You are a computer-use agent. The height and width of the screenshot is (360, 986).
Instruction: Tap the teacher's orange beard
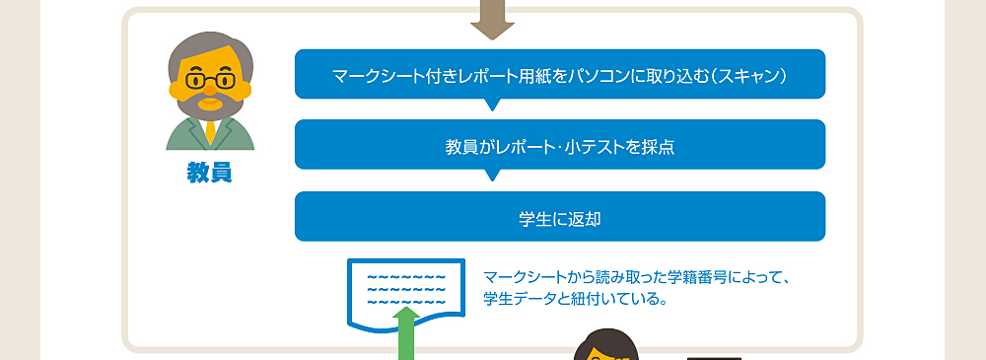tap(209, 103)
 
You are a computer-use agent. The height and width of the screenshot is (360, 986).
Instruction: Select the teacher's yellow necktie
tap(210, 132)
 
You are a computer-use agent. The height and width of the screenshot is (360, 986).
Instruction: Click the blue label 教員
tap(209, 173)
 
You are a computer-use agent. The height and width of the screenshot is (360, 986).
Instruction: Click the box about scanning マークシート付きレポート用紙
tap(559, 74)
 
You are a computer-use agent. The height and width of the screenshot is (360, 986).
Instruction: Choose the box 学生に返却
tap(559, 217)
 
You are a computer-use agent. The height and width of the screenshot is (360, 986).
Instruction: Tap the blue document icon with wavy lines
tap(405, 290)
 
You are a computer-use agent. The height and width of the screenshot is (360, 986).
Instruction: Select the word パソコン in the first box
tap(597, 75)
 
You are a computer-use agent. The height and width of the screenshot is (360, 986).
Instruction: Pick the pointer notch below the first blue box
tap(493, 105)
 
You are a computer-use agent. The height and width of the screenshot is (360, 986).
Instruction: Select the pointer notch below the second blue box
tap(493, 176)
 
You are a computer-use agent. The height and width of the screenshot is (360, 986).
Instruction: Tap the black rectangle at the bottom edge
tap(714, 356)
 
